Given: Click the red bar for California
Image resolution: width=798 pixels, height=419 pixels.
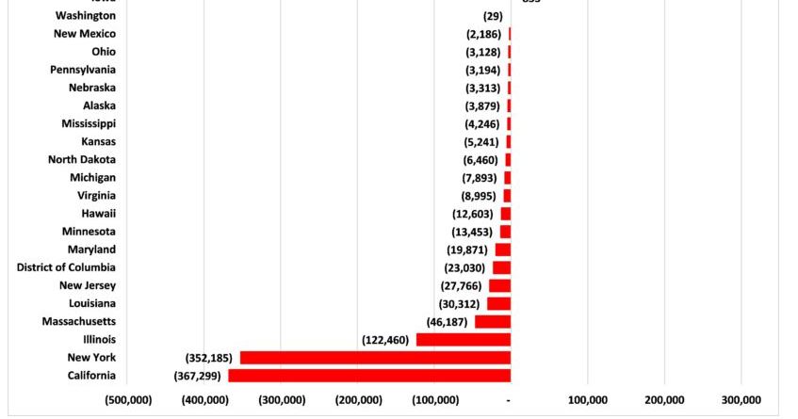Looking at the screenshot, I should point(369,376).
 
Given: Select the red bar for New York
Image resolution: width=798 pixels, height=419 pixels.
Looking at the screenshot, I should point(375,358).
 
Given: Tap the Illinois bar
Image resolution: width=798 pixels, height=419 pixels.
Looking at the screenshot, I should point(464,340).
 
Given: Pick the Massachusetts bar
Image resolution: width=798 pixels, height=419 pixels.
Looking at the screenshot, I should point(493,322).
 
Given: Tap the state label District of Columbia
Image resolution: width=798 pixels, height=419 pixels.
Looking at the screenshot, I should point(67,267).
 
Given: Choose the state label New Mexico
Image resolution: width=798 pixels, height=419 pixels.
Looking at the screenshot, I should point(85,34).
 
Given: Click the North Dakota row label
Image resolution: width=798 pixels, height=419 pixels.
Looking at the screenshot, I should point(82,160).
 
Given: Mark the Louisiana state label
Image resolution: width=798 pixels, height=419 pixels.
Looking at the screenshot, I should point(92,303).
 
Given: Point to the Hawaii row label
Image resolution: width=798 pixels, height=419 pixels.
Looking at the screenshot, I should point(99,214).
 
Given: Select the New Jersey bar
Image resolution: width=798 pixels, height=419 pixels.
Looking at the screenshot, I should point(499,285).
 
